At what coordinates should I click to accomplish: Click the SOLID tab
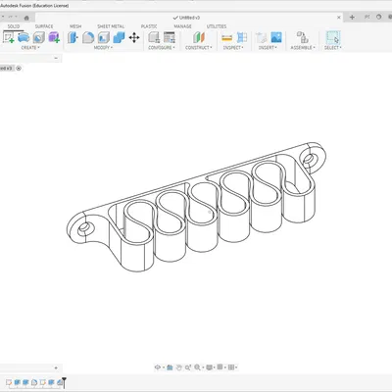click(x=14, y=26)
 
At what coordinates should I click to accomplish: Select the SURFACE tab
click(x=44, y=26)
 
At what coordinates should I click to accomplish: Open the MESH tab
click(x=75, y=26)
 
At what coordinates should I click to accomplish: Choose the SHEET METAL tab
click(x=111, y=26)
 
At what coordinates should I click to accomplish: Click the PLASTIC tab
click(x=149, y=26)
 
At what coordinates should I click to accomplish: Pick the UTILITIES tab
click(x=217, y=26)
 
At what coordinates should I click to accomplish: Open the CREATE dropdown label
click(x=29, y=47)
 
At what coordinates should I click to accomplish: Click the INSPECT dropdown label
click(x=233, y=47)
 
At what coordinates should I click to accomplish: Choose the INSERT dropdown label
click(x=268, y=47)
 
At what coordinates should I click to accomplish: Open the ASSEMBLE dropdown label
click(x=302, y=47)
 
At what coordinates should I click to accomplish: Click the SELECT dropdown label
click(x=333, y=47)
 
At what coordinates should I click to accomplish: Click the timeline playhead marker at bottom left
click(x=62, y=381)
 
